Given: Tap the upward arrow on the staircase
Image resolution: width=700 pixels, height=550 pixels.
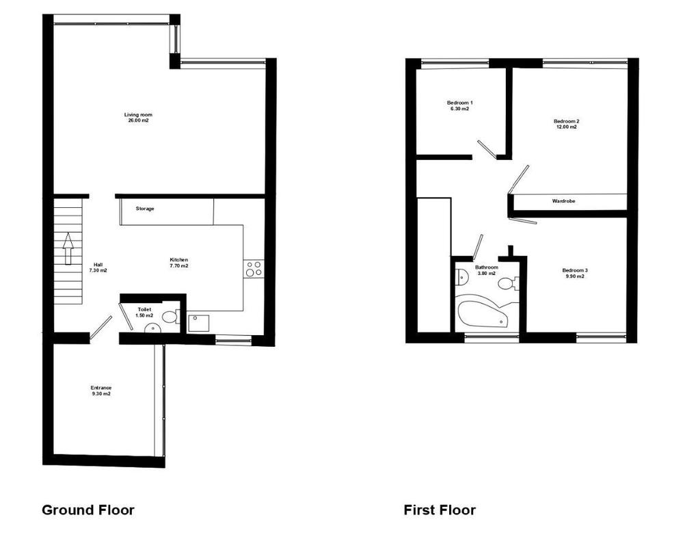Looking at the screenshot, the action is coord(68,248).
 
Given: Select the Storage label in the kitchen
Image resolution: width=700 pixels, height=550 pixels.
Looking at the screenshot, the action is coord(145,209).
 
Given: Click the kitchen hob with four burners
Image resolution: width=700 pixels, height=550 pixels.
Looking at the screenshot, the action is coord(254,269).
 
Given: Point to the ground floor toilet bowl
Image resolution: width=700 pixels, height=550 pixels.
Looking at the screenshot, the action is coord(170,317).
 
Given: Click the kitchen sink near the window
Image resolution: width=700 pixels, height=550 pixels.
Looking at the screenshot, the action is coord(199,323).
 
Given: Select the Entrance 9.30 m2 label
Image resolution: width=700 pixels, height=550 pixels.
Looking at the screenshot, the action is coord(101,391).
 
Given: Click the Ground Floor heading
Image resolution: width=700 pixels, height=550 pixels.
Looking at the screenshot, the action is coord(88,510).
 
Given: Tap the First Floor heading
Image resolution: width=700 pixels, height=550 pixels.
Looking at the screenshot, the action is coord(440,510).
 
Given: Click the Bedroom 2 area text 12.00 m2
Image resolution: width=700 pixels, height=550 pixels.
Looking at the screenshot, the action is coord(566,127).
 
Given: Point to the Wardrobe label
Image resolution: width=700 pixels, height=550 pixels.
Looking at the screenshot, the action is coord(563,201).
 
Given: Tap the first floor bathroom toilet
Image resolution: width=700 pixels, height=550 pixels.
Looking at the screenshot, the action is coord(508,283).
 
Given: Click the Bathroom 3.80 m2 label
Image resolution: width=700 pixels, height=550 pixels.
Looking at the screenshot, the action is coord(487,270).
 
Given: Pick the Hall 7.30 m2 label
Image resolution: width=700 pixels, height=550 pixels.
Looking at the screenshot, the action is coord(98,267).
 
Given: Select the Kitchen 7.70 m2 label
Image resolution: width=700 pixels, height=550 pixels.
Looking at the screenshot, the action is coord(179,263).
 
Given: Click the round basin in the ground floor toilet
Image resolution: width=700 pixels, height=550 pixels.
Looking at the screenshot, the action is coord(152,329).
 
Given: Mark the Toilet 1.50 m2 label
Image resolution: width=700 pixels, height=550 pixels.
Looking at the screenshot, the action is coord(144,313).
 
